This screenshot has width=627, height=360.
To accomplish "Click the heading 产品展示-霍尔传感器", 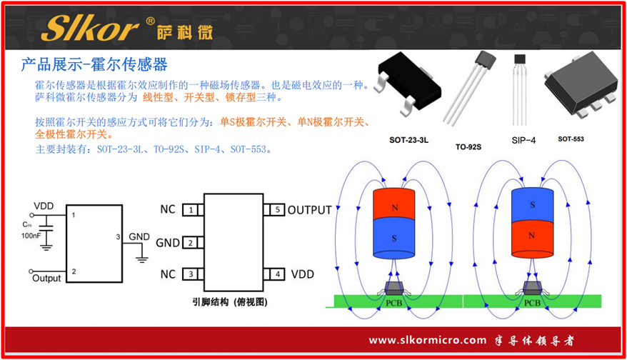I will pos(94,65).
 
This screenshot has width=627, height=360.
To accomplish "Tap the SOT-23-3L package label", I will pos(408,140).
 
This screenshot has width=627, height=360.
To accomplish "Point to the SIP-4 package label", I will pos(523,140).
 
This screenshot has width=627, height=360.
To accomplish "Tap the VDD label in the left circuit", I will pos(44,206).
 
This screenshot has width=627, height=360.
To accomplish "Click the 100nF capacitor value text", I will pos(31,235).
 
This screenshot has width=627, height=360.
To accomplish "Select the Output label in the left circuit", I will pos(46,278).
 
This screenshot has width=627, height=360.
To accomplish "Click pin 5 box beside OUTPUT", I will pos(276,210).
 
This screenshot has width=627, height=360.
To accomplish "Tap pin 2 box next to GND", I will pos(190,243).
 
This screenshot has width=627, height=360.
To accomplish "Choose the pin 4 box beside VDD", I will pos(276,274).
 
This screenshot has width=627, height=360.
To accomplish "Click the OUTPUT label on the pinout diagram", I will pos(309,210).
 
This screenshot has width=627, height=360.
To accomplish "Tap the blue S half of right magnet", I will pos(532,204).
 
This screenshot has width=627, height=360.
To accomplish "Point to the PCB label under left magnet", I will pos(393,302).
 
